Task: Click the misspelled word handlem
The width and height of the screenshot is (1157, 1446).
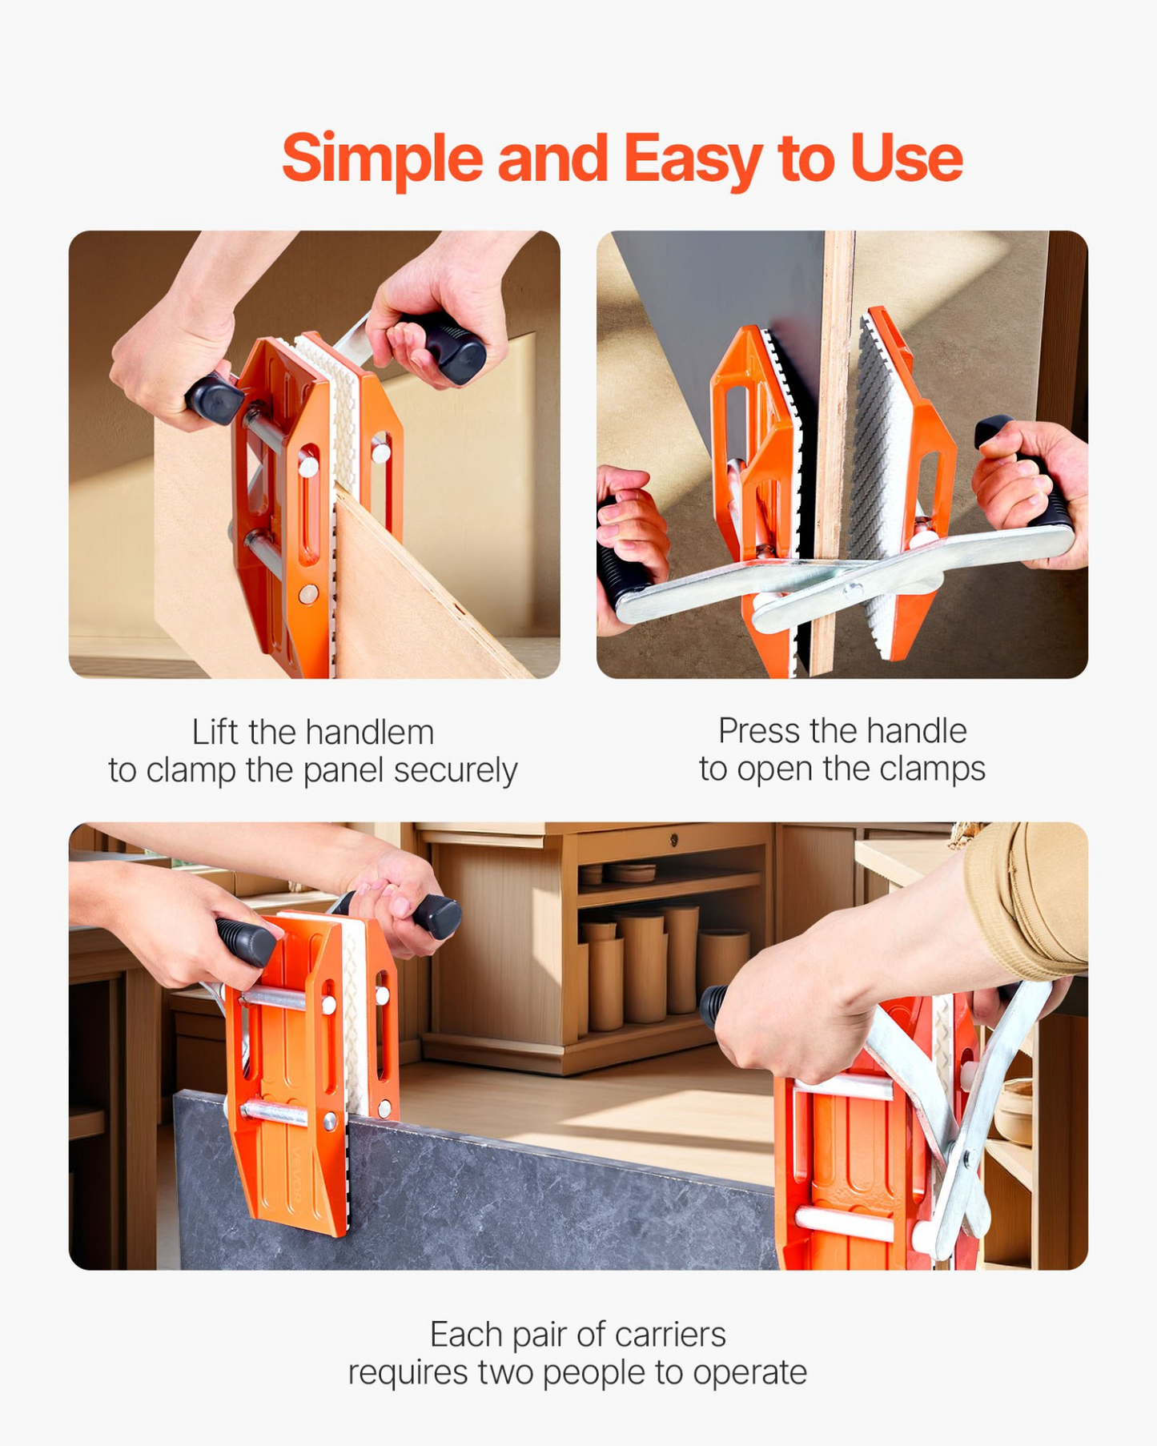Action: point(370,732)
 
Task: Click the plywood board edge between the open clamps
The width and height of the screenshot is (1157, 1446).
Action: point(836,448)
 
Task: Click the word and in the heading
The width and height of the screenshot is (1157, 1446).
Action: point(552,159)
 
